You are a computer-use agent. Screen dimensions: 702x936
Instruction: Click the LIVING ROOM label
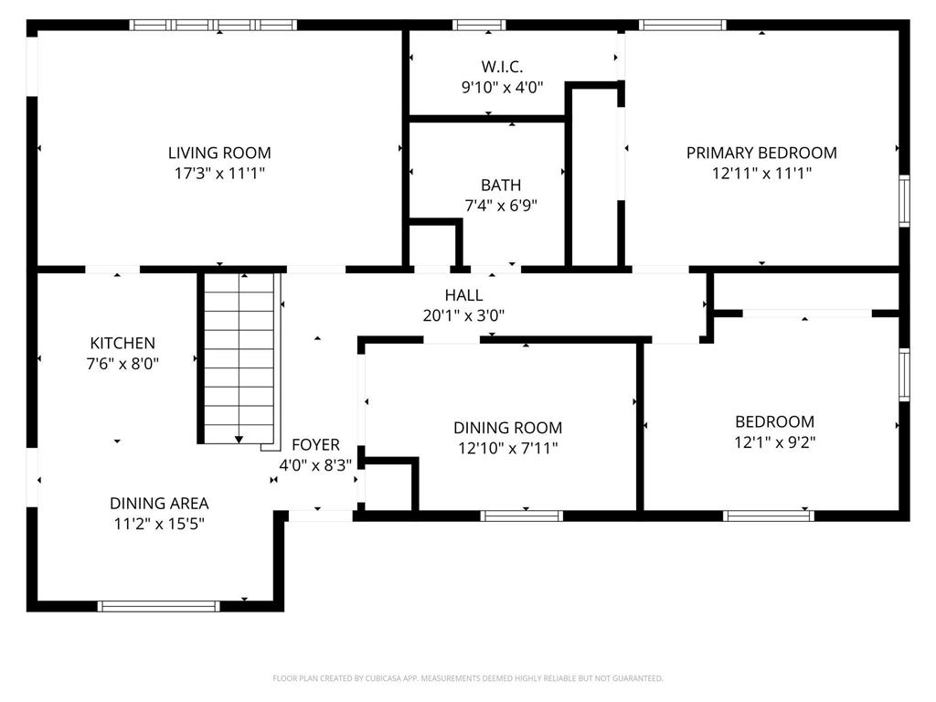coord(219,153)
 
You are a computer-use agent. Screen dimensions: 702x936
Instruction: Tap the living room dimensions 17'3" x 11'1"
coord(219,173)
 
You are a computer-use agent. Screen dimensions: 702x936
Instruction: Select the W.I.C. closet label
coord(502,67)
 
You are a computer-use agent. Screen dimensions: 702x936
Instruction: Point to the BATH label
coord(501,186)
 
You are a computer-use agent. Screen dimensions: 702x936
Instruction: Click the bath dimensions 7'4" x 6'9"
coord(501,206)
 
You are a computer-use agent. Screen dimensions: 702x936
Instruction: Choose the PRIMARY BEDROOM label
coord(761,153)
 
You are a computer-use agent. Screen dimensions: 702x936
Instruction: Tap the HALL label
coord(463,295)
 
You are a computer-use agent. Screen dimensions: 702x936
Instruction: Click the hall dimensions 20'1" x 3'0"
coord(463,315)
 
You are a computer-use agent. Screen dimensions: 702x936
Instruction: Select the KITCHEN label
coord(122,343)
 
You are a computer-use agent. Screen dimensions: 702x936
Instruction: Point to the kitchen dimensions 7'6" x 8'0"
coord(122,363)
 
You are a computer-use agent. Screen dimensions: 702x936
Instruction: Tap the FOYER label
coord(315,445)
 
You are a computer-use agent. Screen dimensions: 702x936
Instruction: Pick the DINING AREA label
coord(159,503)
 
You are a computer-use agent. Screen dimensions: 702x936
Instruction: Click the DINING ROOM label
coord(508,428)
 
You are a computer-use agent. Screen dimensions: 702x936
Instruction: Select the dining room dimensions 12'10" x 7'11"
coord(508,448)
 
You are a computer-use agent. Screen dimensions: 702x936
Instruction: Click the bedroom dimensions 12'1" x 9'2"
coord(774,442)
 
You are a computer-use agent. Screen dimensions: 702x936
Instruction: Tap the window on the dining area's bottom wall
coord(159,605)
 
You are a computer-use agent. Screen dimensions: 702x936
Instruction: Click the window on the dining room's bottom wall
coord(522,516)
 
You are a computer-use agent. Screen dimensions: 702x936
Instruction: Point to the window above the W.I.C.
coord(480,25)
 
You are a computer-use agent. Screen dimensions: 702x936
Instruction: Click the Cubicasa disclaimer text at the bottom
coord(468,678)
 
